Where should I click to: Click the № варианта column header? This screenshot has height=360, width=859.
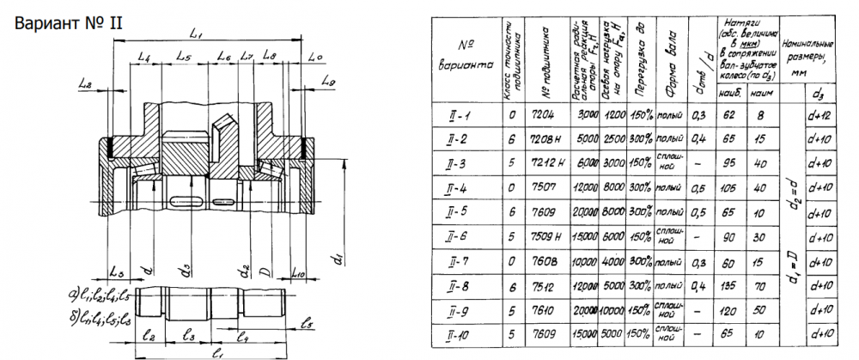click(465, 54)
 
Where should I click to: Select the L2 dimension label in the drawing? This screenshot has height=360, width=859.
click(84, 83)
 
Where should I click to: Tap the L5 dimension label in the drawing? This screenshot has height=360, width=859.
click(183, 57)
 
